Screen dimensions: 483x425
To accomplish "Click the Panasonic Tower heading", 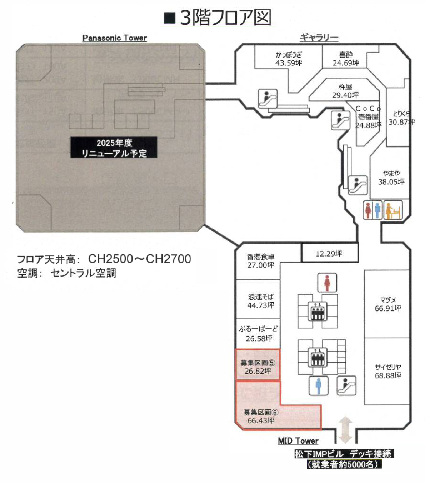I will tap(114, 38).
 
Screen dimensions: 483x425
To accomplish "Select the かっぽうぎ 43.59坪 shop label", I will tap(289, 59).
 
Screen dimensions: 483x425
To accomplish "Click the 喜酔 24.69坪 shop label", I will tap(345, 59).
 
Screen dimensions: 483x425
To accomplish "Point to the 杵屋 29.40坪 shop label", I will tap(345, 91).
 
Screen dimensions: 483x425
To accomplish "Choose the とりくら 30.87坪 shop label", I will tap(401, 118).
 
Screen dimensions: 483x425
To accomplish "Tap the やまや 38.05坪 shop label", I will tap(391, 178).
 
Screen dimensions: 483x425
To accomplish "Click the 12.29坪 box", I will tap(329, 254).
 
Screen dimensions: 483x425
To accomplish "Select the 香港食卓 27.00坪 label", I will tap(260, 261).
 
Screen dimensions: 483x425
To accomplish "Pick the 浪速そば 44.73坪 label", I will tap(260, 301).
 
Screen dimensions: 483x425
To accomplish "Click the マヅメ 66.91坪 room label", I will tap(387, 304).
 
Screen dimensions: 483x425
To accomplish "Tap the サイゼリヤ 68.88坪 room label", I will tap(387, 371).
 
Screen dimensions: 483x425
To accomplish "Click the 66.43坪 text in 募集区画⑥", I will tap(261, 421).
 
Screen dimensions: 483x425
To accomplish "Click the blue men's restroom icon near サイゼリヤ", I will tap(318, 386).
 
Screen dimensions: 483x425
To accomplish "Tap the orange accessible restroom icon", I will tap(393, 210).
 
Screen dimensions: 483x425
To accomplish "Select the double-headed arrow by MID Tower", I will tap(345, 430).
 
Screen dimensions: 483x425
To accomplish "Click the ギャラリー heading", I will tap(319, 38).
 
